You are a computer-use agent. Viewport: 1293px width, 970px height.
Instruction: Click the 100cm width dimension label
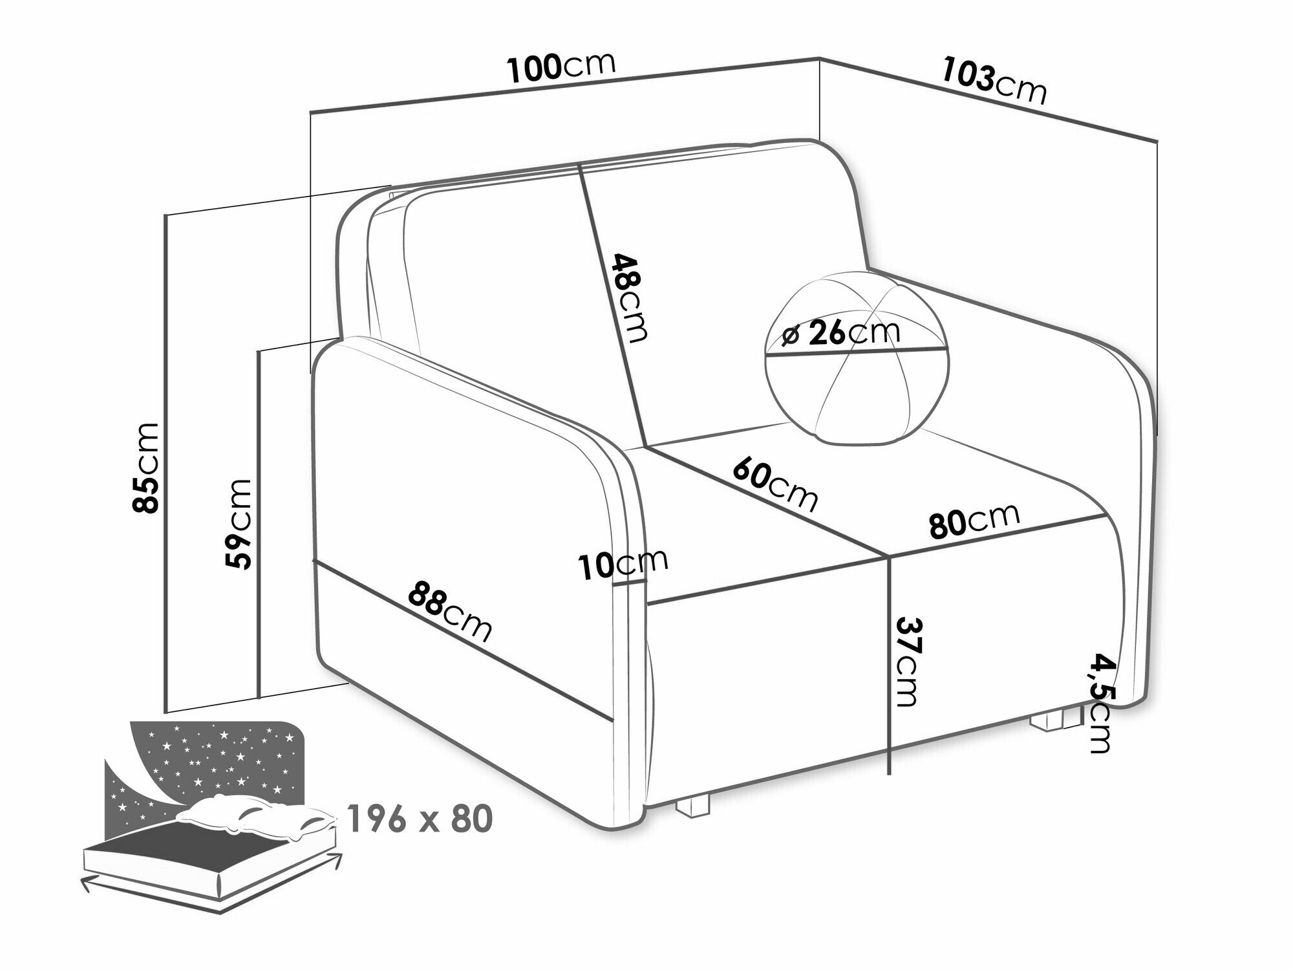click(x=561, y=67)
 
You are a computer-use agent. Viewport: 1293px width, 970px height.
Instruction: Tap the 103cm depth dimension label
click(x=994, y=81)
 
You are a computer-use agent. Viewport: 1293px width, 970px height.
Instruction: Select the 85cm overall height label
click(x=145, y=468)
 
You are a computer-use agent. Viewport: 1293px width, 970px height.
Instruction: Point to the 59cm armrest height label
click(x=236, y=524)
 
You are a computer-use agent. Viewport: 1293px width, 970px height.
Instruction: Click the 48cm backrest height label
click(x=629, y=297)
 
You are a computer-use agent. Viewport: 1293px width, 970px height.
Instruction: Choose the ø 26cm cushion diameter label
click(x=840, y=333)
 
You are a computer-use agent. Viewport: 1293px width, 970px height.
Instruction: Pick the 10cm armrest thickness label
click(x=623, y=564)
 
